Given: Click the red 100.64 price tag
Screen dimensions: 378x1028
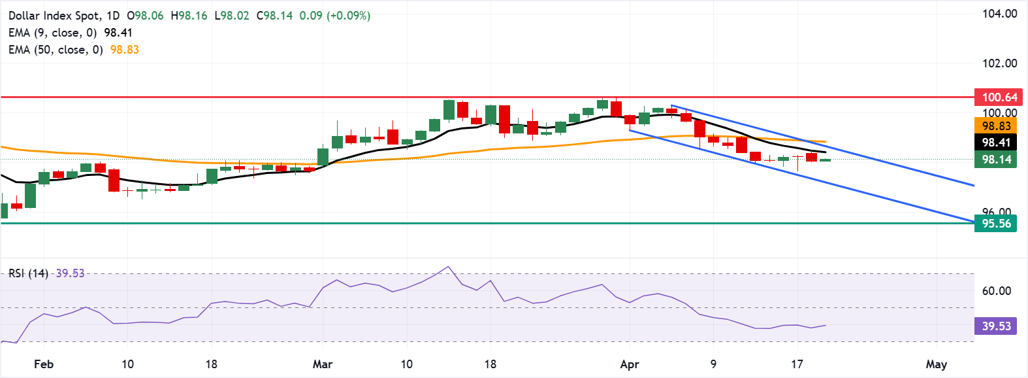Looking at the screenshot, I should coord(995,97).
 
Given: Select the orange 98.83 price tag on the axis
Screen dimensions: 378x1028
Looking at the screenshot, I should coord(995,126).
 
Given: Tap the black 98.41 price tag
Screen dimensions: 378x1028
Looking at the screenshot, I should coord(995,143).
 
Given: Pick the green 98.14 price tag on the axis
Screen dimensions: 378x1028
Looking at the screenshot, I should coord(995,160).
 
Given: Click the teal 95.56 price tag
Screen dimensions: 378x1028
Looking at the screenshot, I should coord(995,224).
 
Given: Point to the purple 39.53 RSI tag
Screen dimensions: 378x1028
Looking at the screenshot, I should coord(995,326).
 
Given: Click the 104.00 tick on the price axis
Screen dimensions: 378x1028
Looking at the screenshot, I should coord(999,14).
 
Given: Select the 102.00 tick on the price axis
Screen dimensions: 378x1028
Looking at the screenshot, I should coord(999,63).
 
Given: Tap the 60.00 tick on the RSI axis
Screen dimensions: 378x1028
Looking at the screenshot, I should coord(996,291).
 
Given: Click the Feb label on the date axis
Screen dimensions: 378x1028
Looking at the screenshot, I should coord(44,364).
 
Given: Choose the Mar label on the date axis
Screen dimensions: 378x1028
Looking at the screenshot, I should coord(323,364).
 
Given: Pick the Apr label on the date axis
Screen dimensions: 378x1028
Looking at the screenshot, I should coord(630,364).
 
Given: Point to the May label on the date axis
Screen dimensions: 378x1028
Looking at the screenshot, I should coord(937,364).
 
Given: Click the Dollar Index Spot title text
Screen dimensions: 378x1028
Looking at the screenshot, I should coord(55,16).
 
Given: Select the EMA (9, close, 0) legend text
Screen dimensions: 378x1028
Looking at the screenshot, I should coord(52,33).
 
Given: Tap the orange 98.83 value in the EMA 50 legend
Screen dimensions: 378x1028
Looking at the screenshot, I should coord(124,50).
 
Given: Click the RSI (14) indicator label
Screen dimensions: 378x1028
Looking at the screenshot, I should coord(28,273).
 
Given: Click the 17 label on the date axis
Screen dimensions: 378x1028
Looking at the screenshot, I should coord(797,364).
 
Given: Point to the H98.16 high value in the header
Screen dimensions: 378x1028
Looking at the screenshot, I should coord(189,16).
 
